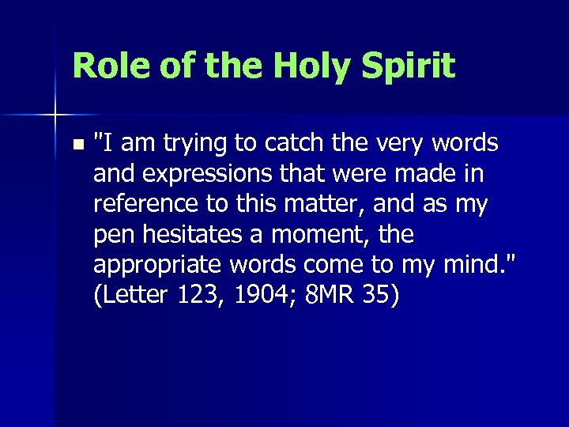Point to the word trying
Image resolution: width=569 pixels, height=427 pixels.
point(192,145)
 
